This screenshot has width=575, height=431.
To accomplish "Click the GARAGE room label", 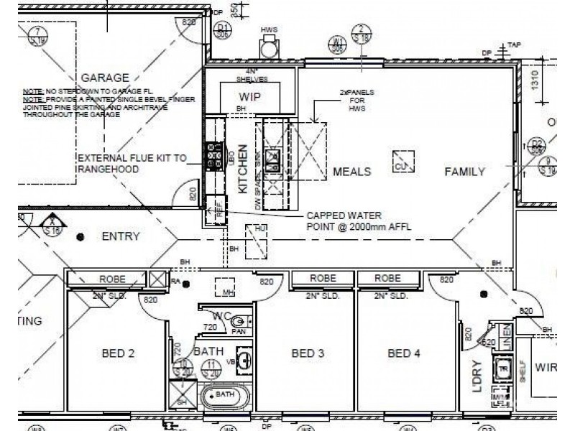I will tap(105, 78).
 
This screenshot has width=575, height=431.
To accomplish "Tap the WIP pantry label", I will tap(249, 96).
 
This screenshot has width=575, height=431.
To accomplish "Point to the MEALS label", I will tap(351, 172).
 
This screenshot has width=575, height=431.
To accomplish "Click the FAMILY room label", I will tap(464, 172).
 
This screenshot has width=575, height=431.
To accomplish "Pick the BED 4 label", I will tap(403, 353).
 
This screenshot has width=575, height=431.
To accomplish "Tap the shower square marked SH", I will tap(182, 393).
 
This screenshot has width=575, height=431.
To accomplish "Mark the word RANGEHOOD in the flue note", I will tap(106, 170).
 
